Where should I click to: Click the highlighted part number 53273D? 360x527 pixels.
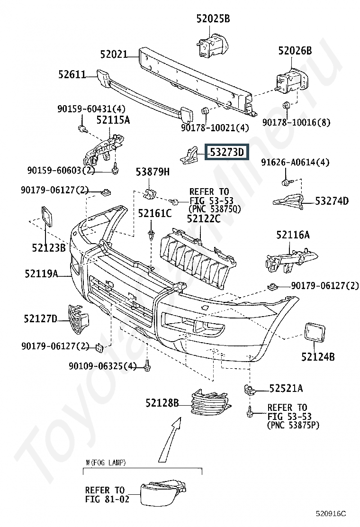(227, 152)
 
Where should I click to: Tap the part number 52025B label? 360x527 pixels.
(213, 19)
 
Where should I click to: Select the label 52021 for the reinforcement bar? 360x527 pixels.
(114, 54)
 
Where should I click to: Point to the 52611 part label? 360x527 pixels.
(72, 74)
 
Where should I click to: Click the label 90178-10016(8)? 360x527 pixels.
(296, 122)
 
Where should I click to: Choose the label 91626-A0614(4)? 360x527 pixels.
(295, 163)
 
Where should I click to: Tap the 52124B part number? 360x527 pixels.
(318, 356)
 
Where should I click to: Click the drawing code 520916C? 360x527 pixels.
(331, 514)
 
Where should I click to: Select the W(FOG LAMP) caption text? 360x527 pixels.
(106, 463)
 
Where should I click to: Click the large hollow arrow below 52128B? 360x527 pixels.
(170, 440)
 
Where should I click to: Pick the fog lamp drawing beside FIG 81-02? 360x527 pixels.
(163, 492)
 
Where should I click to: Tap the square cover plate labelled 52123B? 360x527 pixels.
(47, 217)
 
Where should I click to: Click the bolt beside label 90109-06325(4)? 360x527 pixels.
(147, 365)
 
